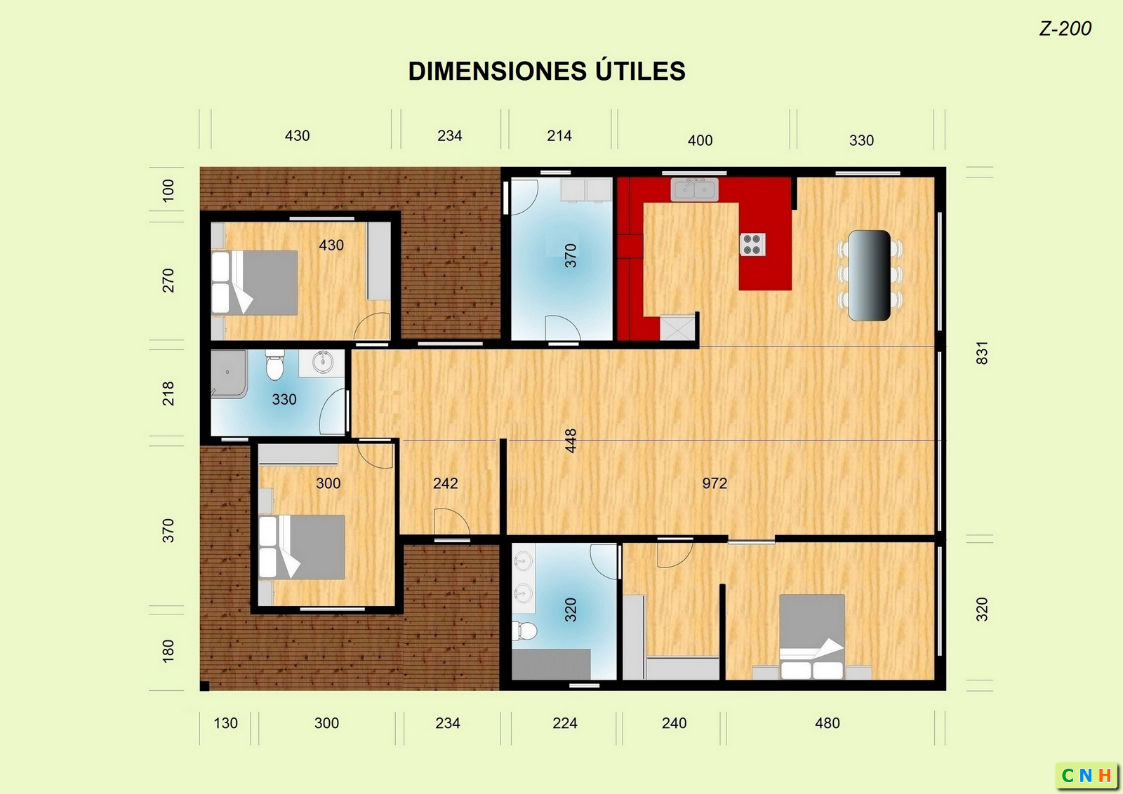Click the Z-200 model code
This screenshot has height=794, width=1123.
tap(1065, 29)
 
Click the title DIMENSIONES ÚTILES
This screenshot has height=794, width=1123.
tap(547, 71)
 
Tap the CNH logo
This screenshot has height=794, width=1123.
tap(1086, 776)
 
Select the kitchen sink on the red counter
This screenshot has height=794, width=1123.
tap(694, 189)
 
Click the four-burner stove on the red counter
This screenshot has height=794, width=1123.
tap(752, 245)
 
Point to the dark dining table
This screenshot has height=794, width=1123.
tap(870, 275)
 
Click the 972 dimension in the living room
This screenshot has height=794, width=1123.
tap(715, 483)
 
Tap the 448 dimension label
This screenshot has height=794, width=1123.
tap(571, 440)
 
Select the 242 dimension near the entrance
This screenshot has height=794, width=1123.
tap(445, 483)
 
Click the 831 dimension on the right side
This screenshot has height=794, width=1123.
tap(982, 353)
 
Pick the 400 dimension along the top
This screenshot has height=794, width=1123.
tap(700, 140)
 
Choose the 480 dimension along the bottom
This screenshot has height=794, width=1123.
tap(828, 723)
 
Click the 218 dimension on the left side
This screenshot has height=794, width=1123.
tap(168, 393)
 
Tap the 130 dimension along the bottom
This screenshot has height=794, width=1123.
tap(225, 723)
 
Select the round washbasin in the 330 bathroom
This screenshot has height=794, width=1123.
tap(322, 362)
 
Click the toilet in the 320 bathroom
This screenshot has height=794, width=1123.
tap(524, 631)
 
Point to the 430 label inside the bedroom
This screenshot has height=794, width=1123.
tap(331, 245)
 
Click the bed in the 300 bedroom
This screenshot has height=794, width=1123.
tap(302, 548)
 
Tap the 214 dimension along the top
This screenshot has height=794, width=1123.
tap(559, 136)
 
